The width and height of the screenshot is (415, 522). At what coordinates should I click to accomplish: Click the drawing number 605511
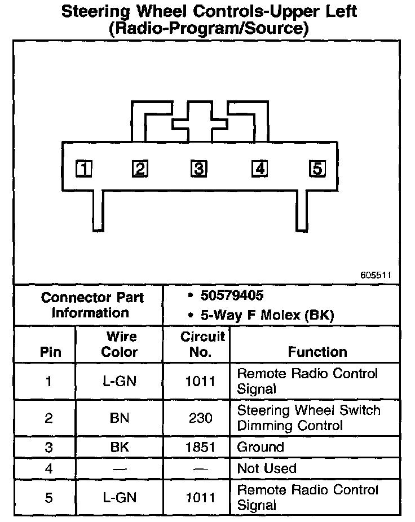pyautogui.click(x=376, y=276)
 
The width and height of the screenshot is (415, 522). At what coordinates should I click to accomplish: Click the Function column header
pyautogui.click(x=317, y=352)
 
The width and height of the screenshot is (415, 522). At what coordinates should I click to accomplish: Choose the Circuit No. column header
pyautogui.click(x=202, y=344)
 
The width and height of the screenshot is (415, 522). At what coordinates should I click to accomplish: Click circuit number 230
pyautogui.click(x=201, y=418)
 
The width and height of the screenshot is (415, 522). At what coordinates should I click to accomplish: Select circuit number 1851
pyautogui.click(x=201, y=447)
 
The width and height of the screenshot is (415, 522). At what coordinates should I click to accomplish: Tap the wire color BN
pyautogui.click(x=120, y=418)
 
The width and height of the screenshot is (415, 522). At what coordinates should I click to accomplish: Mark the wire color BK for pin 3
pyautogui.click(x=120, y=447)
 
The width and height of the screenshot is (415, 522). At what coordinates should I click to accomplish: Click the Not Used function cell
pyautogui.click(x=267, y=468)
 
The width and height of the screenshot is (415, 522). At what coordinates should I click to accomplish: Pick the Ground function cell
pyautogui.click(x=261, y=447)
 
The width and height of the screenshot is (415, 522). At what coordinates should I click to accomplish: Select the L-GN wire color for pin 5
pyautogui.click(x=120, y=497)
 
